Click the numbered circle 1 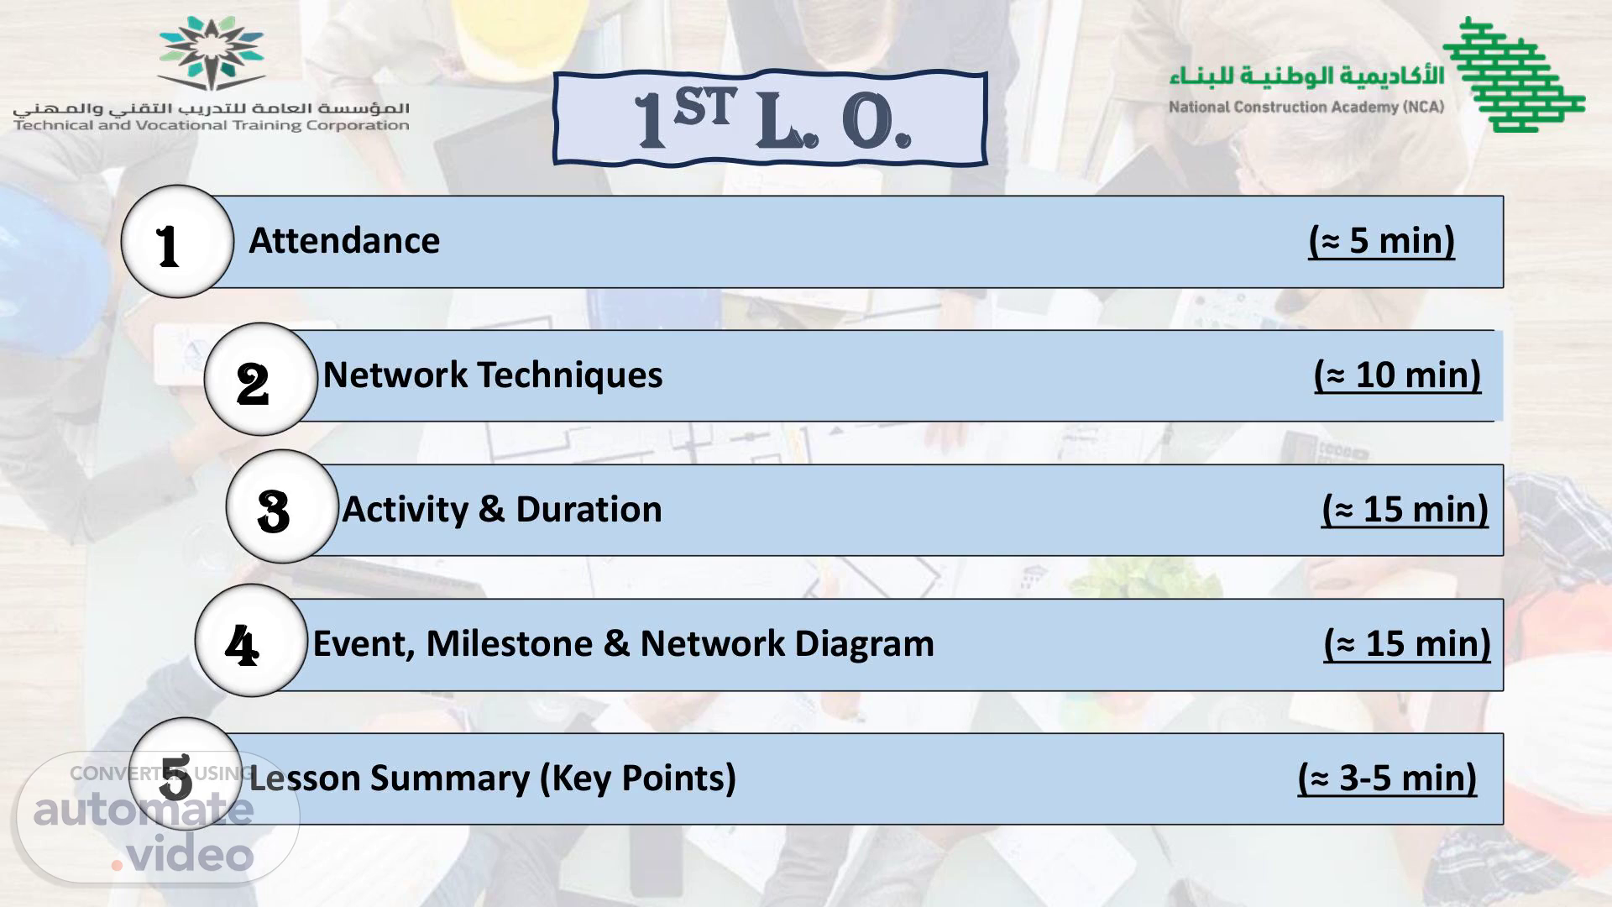point(177,242)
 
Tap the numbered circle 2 point(261,380)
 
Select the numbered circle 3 point(283,506)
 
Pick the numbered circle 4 point(252,641)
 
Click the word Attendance point(344,241)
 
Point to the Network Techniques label point(493,375)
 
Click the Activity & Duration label point(502,510)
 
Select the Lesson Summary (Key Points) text point(493,779)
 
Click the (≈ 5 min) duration point(1382,241)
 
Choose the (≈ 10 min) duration point(1398,375)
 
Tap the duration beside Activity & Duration point(1405,510)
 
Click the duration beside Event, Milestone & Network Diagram point(1408,644)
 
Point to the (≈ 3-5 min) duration point(1388,779)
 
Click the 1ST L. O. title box point(770,118)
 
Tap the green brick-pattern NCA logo point(1515,74)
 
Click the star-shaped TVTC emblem point(212,53)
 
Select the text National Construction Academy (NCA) point(1306,107)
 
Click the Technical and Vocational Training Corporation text point(212,126)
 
